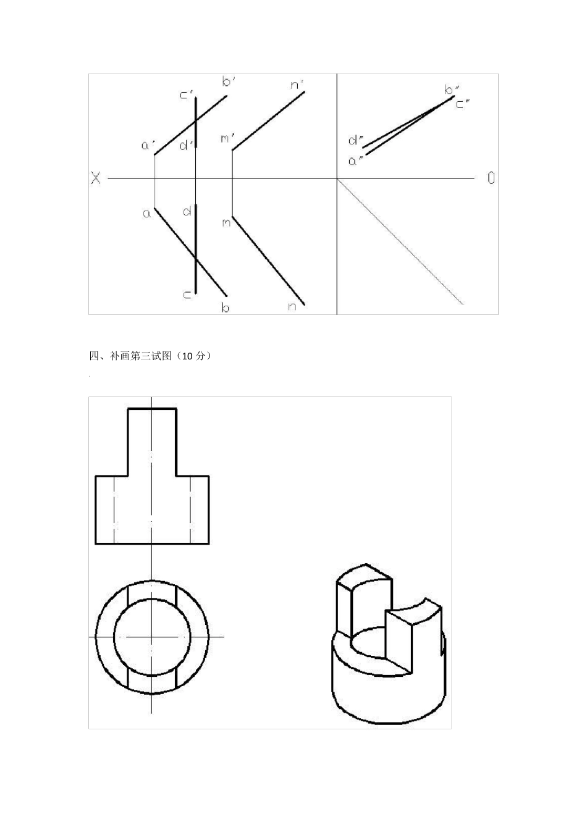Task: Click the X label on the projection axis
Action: pyautogui.click(x=96, y=178)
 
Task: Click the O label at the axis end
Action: pyautogui.click(x=491, y=178)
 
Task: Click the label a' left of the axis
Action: pyautogui.click(x=148, y=146)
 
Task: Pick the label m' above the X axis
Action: pyautogui.click(x=227, y=138)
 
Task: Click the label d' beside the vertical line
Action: pyautogui.click(x=186, y=146)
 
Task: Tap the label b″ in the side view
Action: pyautogui.click(x=450, y=90)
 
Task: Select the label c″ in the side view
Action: pyautogui.click(x=463, y=103)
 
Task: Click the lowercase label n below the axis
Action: pyautogui.click(x=292, y=306)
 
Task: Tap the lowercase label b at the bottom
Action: pyautogui.click(x=226, y=307)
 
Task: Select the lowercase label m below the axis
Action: pyautogui.click(x=226, y=222)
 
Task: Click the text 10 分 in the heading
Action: pyautogui.click(x=195, y=356)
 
